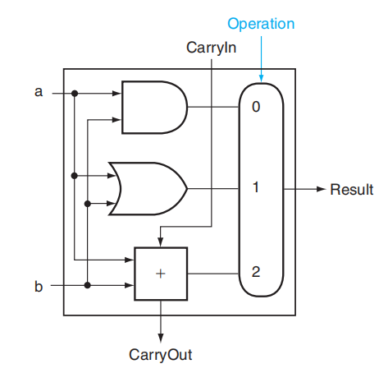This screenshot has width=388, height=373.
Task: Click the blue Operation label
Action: coord(261,24)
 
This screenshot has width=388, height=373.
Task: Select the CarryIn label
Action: coord(211,48)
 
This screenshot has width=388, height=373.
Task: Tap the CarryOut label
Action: coord(161,355)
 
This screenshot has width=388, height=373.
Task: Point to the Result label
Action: coord(352,189)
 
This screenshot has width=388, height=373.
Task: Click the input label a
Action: coord(39,92)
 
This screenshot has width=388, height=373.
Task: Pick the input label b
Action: coord(39,286)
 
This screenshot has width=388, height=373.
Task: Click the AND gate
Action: coord(154,107)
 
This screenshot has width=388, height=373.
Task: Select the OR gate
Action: coord(148,189)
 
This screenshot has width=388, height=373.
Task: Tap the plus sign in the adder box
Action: coord(161,274)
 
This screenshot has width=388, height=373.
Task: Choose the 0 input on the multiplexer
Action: coord(256,107)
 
